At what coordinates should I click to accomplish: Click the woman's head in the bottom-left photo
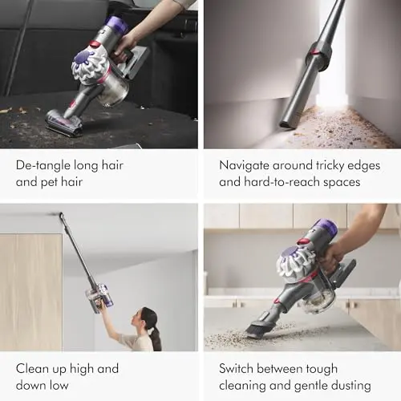149,316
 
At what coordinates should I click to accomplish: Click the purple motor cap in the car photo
117,26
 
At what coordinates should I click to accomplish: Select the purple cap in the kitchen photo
326,229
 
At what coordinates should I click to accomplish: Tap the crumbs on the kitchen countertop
233,338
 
